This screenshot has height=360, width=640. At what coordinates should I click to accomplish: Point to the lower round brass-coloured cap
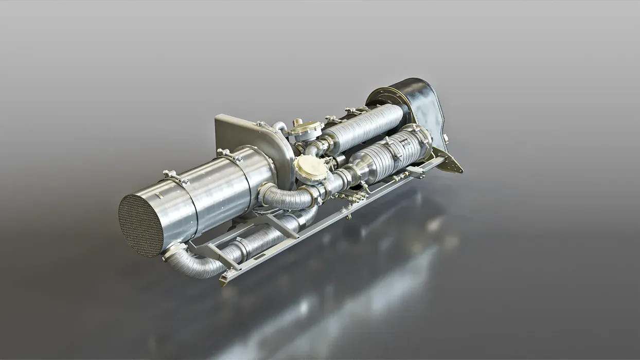pyautogui.click(x=310, y=168)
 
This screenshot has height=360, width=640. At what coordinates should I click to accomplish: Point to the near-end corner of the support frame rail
pyautogui.click(x=225, y=281)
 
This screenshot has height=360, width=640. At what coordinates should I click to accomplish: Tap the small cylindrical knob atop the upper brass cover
pyautogui.click(x=297, y=122)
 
